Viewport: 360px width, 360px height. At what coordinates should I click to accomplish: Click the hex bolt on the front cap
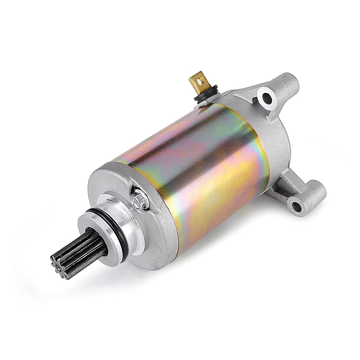click(139, 198)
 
